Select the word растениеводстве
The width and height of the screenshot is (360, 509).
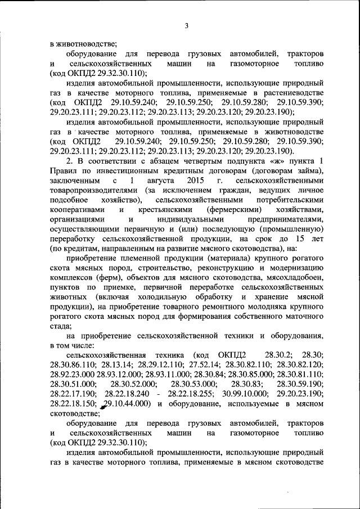(295, 92)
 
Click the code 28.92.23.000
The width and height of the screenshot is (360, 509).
(72, 375)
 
